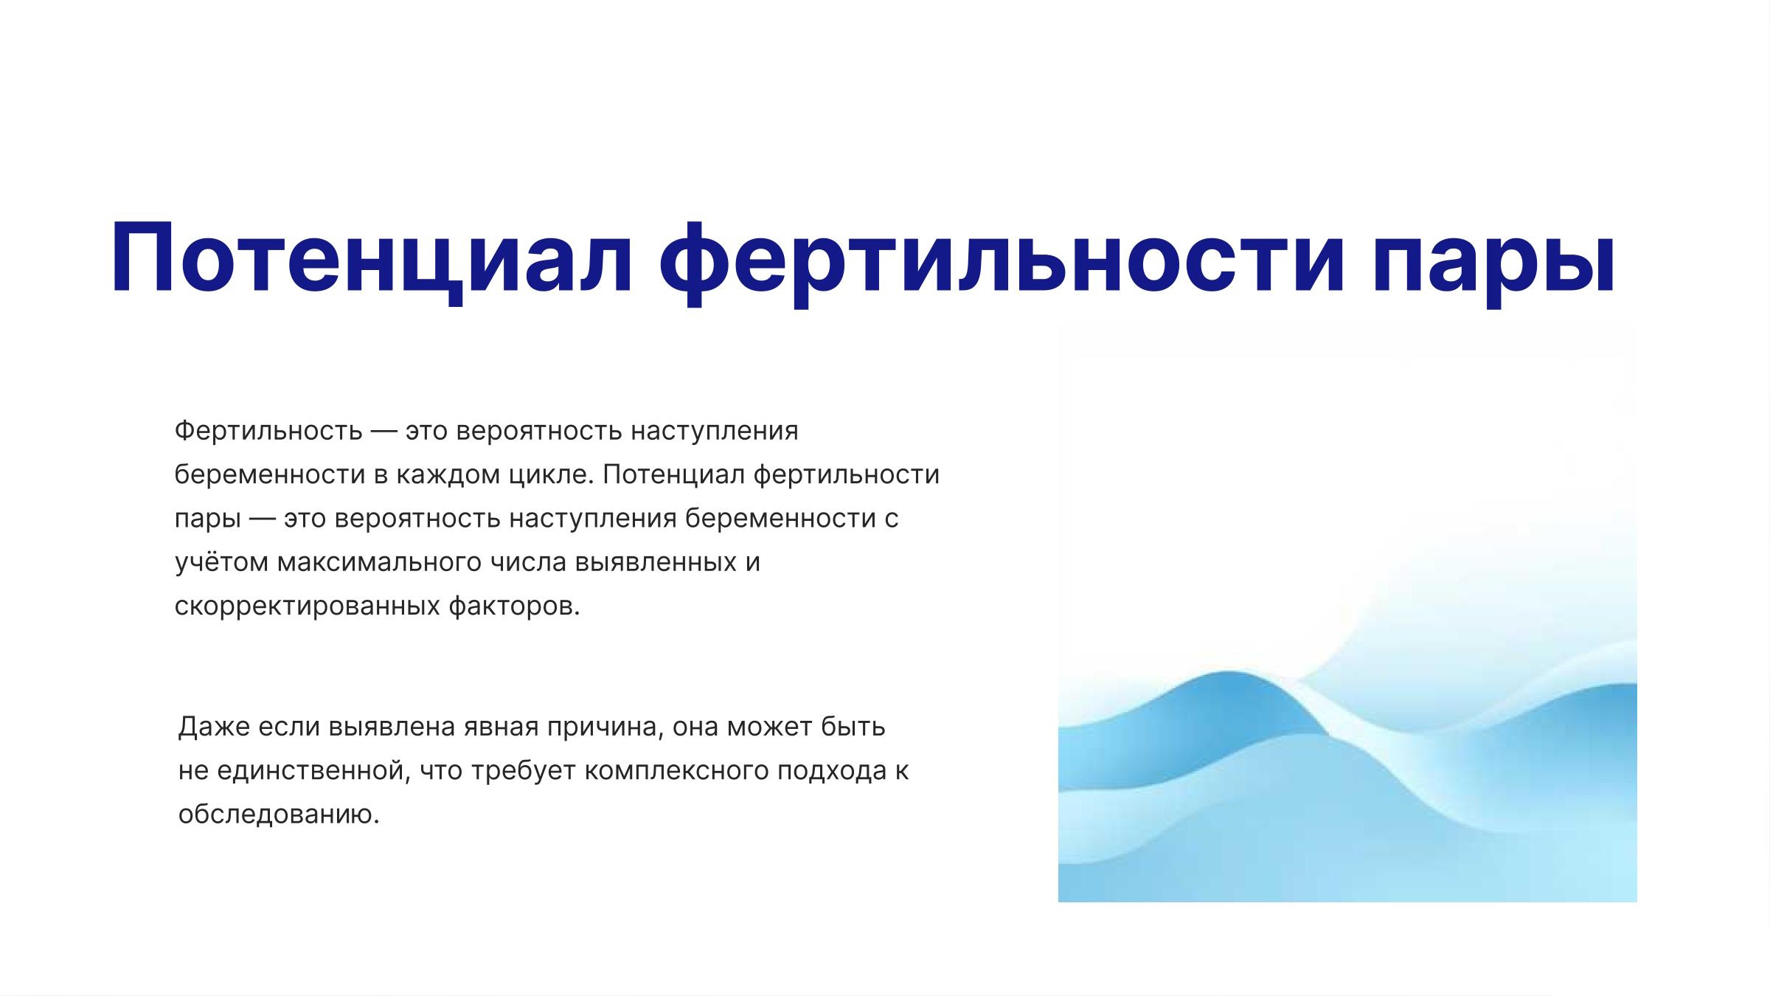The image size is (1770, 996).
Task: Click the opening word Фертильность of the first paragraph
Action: pyautogui.click(x=268, y=430)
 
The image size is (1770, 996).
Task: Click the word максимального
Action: pyautogui.click(x=381, y=562)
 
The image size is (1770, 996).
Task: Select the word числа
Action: pyautogui.click(x=530, y=563)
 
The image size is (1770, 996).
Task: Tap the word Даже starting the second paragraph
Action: pyautogui.click(x=215, y=727)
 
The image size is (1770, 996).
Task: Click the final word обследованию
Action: pyautogui.click(x=279, y=815)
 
